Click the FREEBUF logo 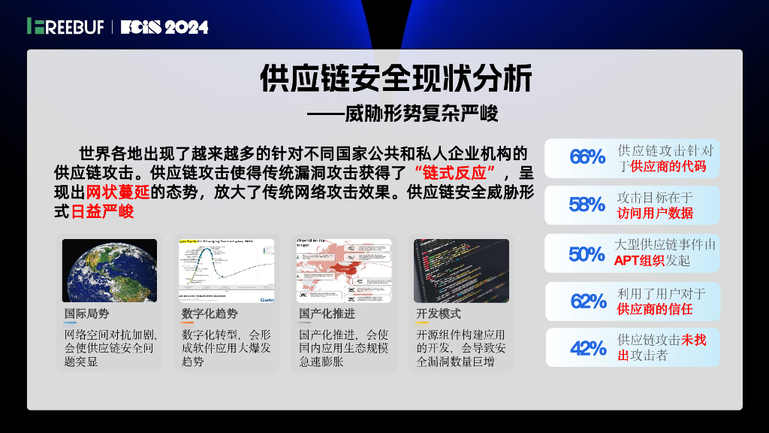66,26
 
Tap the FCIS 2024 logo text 164,27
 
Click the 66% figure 587,157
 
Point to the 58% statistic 587,204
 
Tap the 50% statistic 587,253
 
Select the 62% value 589,301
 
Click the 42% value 588,348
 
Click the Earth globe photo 109,270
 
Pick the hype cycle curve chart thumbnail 227,270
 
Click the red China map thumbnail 344,270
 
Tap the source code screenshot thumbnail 461,270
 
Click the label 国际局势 86,313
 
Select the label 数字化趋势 209,313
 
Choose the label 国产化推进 327,313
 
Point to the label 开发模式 439,313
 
